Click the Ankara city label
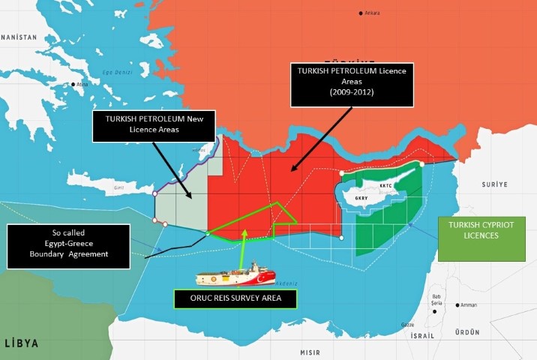(x=373, y=13)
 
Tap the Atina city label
(x=82, y=85)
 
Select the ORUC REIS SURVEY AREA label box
(x=235, y=299)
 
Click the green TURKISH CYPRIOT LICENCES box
(x=476, y=229)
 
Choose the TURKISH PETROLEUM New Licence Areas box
(x=153, y=125)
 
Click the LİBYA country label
(x=22, y=343)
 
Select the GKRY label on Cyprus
(x=361, y=199)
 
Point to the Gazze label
(x=408, y=324)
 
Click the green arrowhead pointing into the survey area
(x=244, y=235)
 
